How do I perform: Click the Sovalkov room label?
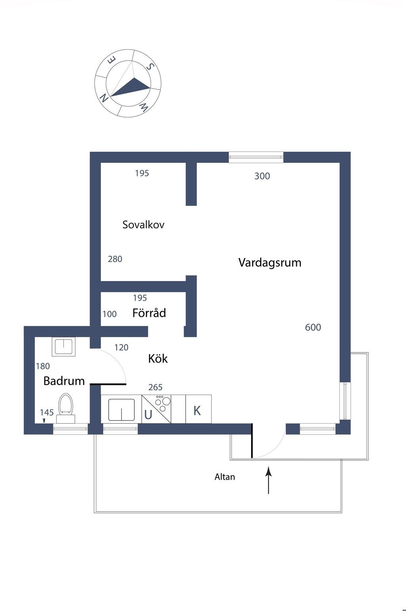[x=143, y=225]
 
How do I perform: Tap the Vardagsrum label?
[x=270, y=262]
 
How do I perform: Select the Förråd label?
[x=149, y=313]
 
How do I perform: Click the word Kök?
[x=158, y=359]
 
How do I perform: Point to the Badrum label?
[x=64, y=381]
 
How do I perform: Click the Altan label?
[x=225, y=477]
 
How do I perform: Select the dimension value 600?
[x=313, y=327]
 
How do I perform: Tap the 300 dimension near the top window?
[x=262, y=176]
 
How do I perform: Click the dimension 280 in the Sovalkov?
[x=115, y=259]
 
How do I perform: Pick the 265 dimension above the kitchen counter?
[x=155, y=387]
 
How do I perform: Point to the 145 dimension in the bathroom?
[x=47, y=412]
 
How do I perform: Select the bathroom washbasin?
[x=63, y=346]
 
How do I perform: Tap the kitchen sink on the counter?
[x=121, y=409]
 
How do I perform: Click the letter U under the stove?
[x=148, y=415]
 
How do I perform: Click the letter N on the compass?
[x=104, y=98]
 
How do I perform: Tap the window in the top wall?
[x=256, y=157]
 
